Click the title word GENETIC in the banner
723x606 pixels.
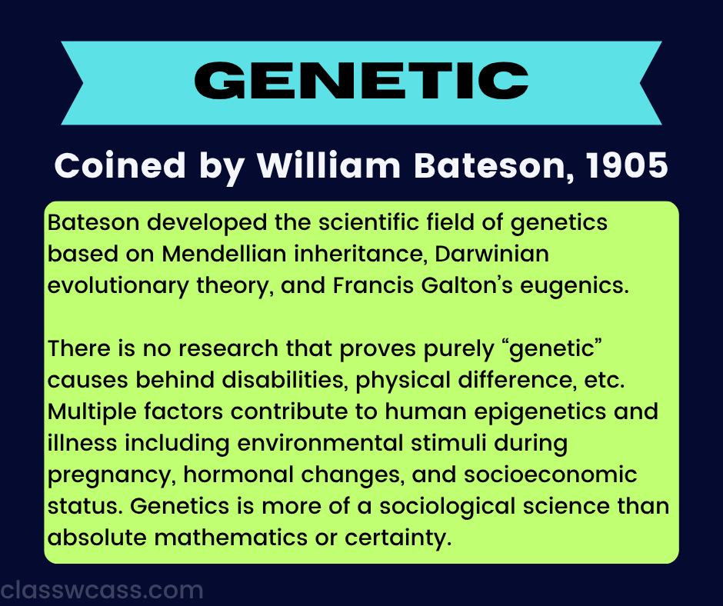[x=361, y=82]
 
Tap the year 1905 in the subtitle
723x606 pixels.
[x=627, y=165]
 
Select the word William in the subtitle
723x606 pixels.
[x=328, y=165]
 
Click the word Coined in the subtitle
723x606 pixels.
[x=120, y=165]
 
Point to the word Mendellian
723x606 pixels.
[x=225, y=254]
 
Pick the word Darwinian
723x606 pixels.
[x=491, y=254]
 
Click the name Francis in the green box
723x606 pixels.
[x=373, y=285]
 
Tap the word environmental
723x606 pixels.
[x=321, y=443]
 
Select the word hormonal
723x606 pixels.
[x=238, y=475]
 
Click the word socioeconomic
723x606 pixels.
[x=551, y=475]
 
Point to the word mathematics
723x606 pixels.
[x=231, y=538]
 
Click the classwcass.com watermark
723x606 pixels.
[x=102, y=591]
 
